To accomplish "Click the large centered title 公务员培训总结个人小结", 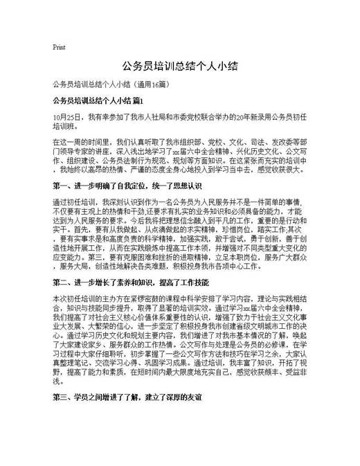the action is pyautogui.click(x=180, y=66).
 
